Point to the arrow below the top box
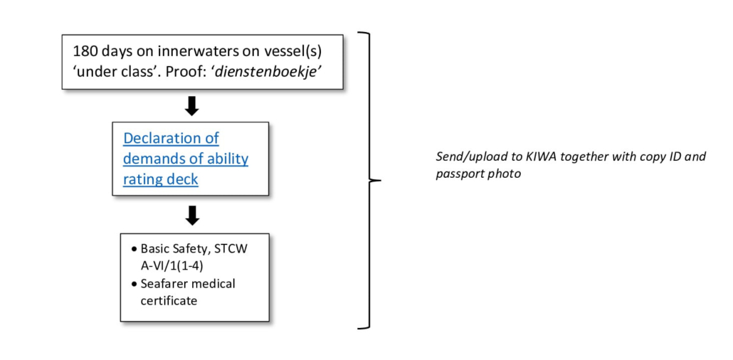[x=191, y=106]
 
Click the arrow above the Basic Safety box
[x=191, y=215]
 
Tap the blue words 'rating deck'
[x=161, y=179]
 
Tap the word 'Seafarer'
[x=164, y=283]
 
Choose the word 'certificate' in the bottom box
[x=168, y=300]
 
